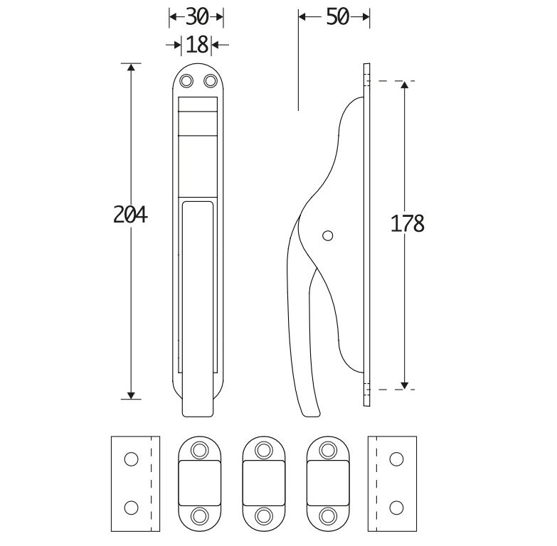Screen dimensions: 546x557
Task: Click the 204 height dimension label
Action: [130, 214]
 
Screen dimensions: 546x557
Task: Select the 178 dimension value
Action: [408, 223]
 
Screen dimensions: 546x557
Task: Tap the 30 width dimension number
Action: [196, 16]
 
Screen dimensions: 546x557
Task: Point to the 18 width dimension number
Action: [197, 45]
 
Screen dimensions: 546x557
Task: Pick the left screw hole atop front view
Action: [187, 82]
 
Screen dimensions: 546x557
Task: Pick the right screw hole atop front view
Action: [210, 82]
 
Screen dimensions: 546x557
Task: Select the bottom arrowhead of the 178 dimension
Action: [404, 385]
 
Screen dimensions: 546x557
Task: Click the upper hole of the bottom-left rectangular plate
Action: [130, 459]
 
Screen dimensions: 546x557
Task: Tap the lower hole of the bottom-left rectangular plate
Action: [130, 508]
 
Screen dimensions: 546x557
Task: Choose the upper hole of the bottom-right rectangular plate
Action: [396, 459]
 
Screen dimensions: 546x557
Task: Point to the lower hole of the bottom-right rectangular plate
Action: [396, 508]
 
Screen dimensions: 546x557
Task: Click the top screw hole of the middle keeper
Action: [264, 449]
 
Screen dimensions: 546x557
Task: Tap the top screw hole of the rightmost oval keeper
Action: [327, 449]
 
